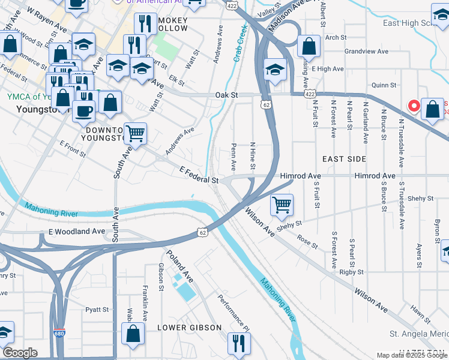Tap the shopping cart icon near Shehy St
coord(282,205)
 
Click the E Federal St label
coord(199,175)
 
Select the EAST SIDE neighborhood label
coord(344,159)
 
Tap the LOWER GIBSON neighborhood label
coord(189,328)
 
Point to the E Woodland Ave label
coord(77,232)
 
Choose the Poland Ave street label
coord(180,267)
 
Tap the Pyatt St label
coord(97,310)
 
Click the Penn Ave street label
coord(234,156)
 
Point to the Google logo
coord(20,353)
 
